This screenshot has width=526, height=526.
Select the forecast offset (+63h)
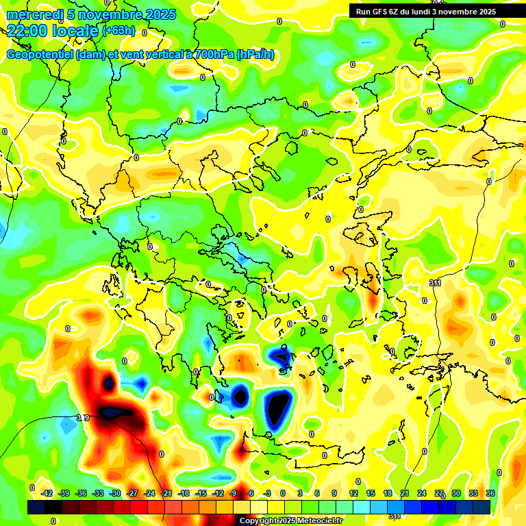(x=118, y=31)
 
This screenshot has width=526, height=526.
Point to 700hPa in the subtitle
(x=211, y=55)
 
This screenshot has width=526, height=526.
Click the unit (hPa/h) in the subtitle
(x=255, y=55)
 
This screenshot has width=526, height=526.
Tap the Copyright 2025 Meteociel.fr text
(x=291, y=521)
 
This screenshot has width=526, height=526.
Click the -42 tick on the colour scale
(x=47, y=493)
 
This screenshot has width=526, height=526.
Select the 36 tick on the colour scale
(x=490, y=493)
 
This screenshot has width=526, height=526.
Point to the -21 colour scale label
(x=166, y=493)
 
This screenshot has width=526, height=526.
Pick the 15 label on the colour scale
(x=371, y=493)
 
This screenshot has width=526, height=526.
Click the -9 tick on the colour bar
(x=234, y=493)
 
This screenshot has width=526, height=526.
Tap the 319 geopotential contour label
(x=83, y=417)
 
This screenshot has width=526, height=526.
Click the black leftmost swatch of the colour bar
(x=36, y=507)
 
